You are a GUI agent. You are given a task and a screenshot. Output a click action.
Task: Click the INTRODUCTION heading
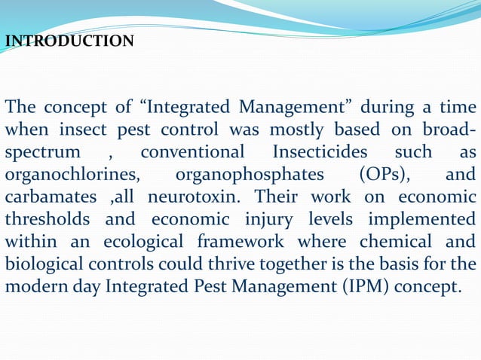pyautogui.click(x=69, y=41)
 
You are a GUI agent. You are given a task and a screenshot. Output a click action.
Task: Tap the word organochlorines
pyautogui.click(x=72, y=175)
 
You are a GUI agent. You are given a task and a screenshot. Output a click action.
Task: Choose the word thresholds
pyautogui.click(x=47, y=219)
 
